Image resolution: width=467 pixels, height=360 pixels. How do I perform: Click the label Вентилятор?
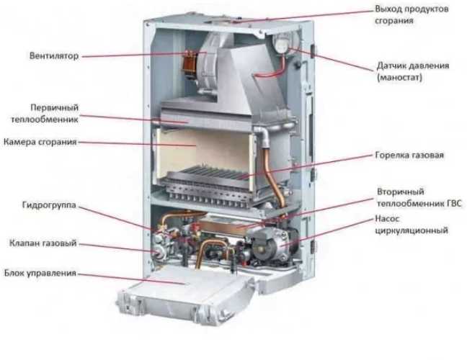tap(54, 55)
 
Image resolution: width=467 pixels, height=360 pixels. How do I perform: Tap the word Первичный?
tap(50, 105)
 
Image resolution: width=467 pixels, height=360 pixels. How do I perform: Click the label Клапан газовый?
tap(43, 243)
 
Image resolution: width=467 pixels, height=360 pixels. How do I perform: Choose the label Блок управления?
tap(40, 274)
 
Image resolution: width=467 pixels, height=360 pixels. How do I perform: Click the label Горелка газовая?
tap(409, 155)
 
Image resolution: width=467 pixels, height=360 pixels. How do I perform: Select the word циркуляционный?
tap(412, 231)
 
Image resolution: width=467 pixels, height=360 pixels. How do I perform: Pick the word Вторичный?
tap(396, 192)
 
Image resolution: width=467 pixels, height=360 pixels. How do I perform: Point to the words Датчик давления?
tap(413, 65)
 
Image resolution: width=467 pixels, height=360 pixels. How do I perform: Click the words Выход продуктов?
tap(412, 9)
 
